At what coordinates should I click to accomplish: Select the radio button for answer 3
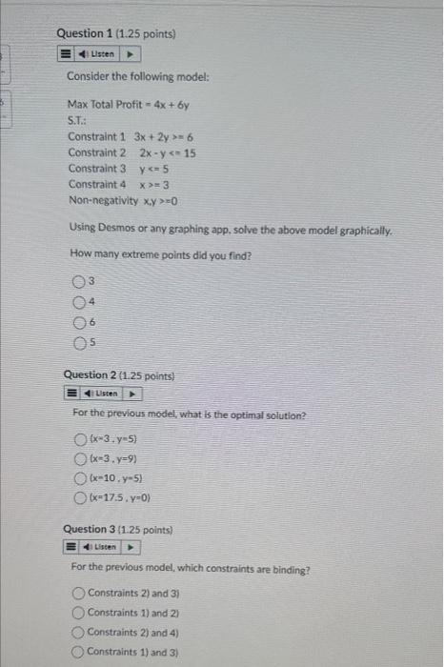click(x=78, y=281)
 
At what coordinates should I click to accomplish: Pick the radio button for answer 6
click(x=78, y=322)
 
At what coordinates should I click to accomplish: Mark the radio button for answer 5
click(x=78, y=343)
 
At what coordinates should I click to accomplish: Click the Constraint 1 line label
click(x=96, y=136)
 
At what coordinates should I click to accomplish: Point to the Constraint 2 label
click(x=96, y=152)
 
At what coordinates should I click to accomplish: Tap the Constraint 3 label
click(x=96, y=169)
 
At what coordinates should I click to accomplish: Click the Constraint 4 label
click(x=96, y=184)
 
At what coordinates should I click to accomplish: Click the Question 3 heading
click(x=117, y=529)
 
